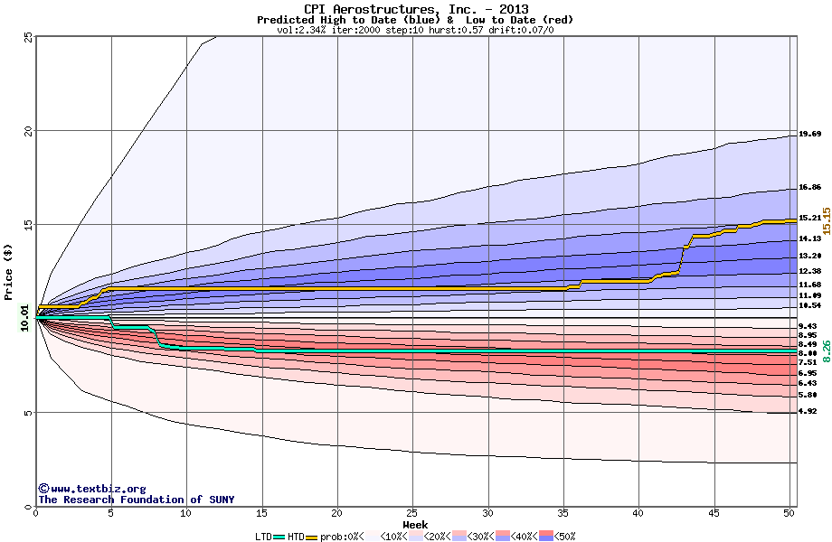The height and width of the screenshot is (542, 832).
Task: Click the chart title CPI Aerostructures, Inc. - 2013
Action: [415, 9]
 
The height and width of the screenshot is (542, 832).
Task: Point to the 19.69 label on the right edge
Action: [809, 135]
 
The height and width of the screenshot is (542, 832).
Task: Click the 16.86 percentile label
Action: [809, 188]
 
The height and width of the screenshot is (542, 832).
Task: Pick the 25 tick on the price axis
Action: [28, 37]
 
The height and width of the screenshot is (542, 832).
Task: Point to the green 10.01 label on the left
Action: [24, 318]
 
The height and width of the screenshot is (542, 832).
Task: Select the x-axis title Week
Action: [415, 524]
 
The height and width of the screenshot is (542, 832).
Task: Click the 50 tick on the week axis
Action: [789, 513]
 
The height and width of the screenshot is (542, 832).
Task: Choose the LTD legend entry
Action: [264, 536]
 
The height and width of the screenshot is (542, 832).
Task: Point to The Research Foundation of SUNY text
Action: [136, 500]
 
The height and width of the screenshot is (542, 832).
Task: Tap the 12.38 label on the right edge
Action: [809, 271]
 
